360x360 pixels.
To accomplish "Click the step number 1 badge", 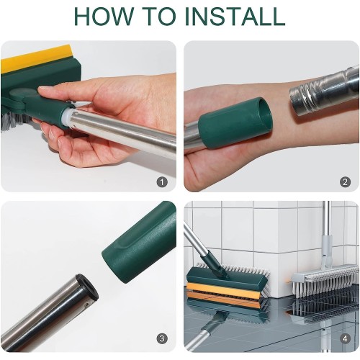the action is coord(162,182).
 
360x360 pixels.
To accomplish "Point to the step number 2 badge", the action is coord(345,182).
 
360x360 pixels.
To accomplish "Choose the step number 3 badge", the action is coord(162,338).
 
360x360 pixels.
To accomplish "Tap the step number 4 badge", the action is coord(345,338).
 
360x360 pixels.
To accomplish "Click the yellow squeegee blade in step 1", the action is coord(36,59).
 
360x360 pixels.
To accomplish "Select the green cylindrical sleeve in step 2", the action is coord(235,122).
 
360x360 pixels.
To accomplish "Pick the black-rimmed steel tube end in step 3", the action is coord(86,287).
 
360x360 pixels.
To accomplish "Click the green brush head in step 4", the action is coord(227,276).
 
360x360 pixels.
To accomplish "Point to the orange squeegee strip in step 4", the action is coord(222,292).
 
